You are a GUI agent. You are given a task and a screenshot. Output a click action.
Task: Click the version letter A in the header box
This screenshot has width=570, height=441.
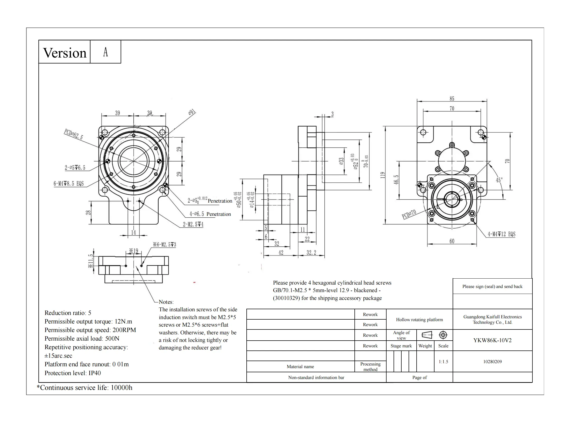105,52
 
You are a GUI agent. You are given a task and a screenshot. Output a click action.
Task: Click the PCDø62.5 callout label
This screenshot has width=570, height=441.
74,134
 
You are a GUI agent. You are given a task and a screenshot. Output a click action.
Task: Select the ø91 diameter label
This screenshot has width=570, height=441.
192,112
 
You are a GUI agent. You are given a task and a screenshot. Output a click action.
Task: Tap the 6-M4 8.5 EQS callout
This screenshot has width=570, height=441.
69,183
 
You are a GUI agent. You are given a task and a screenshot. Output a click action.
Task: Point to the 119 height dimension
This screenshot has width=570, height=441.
383,175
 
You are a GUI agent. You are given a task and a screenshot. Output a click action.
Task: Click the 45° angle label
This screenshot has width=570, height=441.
499,180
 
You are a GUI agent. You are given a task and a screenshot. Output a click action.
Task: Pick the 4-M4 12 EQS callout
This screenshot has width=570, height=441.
502,234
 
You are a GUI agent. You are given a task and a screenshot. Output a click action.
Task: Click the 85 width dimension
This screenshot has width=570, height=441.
452,99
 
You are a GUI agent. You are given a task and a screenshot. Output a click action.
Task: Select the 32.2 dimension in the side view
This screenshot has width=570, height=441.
311,253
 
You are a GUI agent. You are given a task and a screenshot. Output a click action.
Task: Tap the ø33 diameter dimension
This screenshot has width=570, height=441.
341,161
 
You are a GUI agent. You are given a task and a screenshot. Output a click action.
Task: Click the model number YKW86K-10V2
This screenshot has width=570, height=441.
492,340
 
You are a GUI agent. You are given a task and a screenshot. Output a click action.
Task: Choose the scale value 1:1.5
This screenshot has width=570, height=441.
443,362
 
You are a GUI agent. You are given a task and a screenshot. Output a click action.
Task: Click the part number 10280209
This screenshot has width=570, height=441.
492,362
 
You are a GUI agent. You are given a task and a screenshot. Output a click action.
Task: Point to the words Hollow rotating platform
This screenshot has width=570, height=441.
419,320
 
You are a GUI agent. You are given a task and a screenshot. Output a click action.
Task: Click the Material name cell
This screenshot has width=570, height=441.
300,367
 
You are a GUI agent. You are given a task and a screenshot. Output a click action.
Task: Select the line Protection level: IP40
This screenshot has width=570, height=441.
73,373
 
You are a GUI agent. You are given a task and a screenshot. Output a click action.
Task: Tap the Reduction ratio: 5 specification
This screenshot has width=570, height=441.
68,313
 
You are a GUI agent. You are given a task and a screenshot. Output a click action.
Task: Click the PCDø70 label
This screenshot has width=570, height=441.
409,214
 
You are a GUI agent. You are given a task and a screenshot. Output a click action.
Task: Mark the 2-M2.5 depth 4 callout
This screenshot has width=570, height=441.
193,224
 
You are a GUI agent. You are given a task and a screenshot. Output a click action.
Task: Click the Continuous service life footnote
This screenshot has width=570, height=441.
84,388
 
